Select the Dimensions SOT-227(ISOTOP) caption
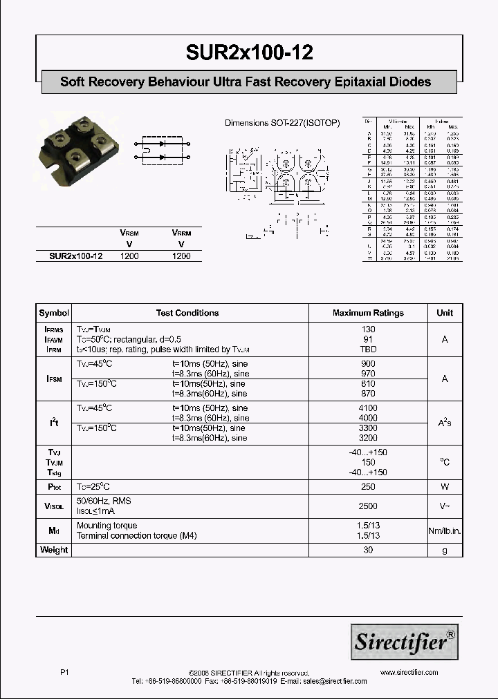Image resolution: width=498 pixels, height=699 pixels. point(282,123)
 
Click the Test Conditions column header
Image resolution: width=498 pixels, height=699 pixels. point(187,313)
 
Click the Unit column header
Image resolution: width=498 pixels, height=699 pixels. point(445,313)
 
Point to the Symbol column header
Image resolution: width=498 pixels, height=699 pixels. point(54,313)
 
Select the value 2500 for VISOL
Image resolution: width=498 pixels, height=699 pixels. point(368,506)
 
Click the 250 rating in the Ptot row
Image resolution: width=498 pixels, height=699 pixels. point(368,487)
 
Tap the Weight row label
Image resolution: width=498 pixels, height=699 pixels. point(54,550)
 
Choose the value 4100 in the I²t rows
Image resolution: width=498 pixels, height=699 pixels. point(368,408)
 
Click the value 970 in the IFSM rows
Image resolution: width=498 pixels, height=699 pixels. point(368,374)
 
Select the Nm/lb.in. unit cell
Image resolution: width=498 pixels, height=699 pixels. point(445,530)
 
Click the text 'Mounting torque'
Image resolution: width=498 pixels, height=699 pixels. point(107,526)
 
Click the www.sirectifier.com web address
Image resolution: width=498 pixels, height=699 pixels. point(409,672)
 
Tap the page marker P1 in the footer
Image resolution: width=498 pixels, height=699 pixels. point(65,672)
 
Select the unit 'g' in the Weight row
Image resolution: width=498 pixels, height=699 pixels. point(445,550)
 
